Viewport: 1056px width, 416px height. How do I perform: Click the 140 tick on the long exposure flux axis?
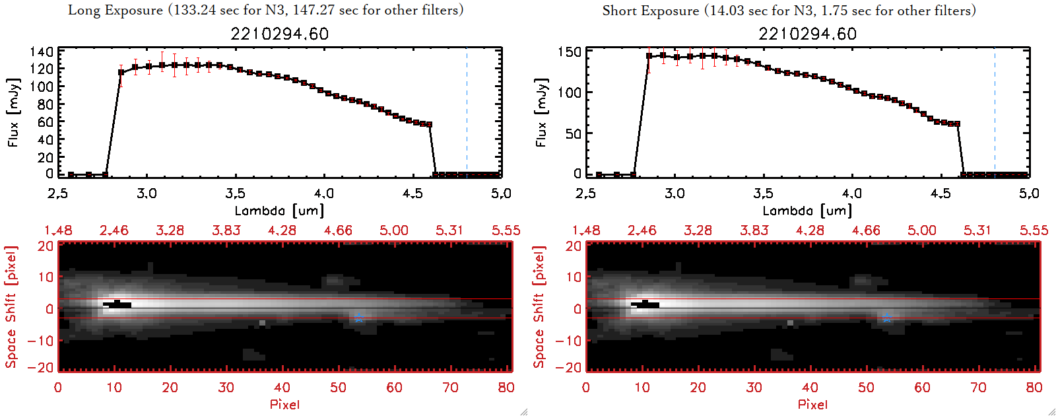(x=42, y=52)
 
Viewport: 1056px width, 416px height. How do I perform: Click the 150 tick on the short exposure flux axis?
(x=570, y=52)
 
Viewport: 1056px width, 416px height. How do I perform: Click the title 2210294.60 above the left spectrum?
(x=280, y=34)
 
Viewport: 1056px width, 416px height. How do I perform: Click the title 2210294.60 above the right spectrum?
(x=808, y=34)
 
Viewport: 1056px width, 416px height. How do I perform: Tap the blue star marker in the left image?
(x=359, y=318)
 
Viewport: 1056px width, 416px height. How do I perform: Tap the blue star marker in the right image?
(x=887, y=318)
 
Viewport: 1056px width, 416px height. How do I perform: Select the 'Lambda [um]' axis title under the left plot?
(x=279, y=211)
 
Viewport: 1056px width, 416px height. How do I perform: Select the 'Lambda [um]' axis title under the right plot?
(x=807, y=211)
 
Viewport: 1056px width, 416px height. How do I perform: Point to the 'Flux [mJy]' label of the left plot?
(x=14, y=112)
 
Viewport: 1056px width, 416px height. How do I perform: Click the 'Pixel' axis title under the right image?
(x=812, y=404)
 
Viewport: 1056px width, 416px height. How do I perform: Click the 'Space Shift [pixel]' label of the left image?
(x=11, y=307)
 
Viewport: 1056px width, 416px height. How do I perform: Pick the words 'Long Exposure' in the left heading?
(x=115, y=11)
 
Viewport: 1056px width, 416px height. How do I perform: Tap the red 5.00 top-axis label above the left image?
(x=394, y=230)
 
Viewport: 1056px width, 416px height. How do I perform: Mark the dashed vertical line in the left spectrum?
(x=467, y=112)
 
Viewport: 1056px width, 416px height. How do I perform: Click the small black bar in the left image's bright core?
(x=117, y=304)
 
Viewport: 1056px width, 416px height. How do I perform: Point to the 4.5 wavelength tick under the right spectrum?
(x=940, y=193)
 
